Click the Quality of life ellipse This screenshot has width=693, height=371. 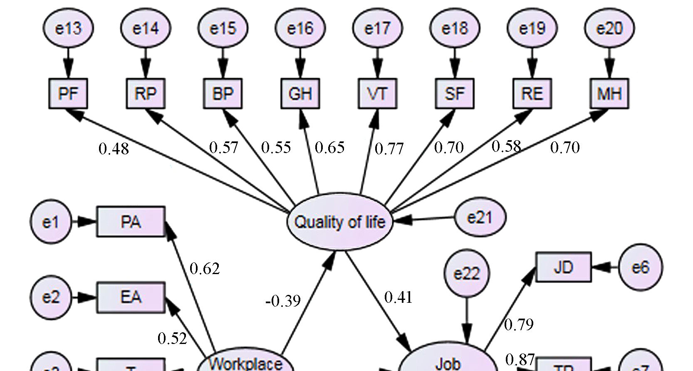[340, 222]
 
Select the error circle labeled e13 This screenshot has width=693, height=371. [68, 28]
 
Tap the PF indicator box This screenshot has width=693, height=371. [68, 94]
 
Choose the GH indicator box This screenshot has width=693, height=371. [300, 94]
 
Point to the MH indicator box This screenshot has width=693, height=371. [609, 94]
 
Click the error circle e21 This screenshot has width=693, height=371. [480, 217]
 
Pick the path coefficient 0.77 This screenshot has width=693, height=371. [389, 148]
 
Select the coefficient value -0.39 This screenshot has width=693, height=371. [283, 301]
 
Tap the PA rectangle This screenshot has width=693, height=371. [131, 222]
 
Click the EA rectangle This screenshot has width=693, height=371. [131, 297]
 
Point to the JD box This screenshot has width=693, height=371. [563, 267]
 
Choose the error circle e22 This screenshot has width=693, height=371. [467, 274]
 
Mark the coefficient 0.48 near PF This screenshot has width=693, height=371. [114, 148]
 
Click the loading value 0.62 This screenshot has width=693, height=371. [204, 269]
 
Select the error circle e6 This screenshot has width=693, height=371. [640, 267]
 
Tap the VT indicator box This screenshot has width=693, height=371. [377, 94]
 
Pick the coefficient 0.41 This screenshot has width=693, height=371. [398, 297]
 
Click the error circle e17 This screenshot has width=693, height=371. [377, 28]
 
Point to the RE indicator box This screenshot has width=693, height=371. [532, 94]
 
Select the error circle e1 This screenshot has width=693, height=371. [51, 223]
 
